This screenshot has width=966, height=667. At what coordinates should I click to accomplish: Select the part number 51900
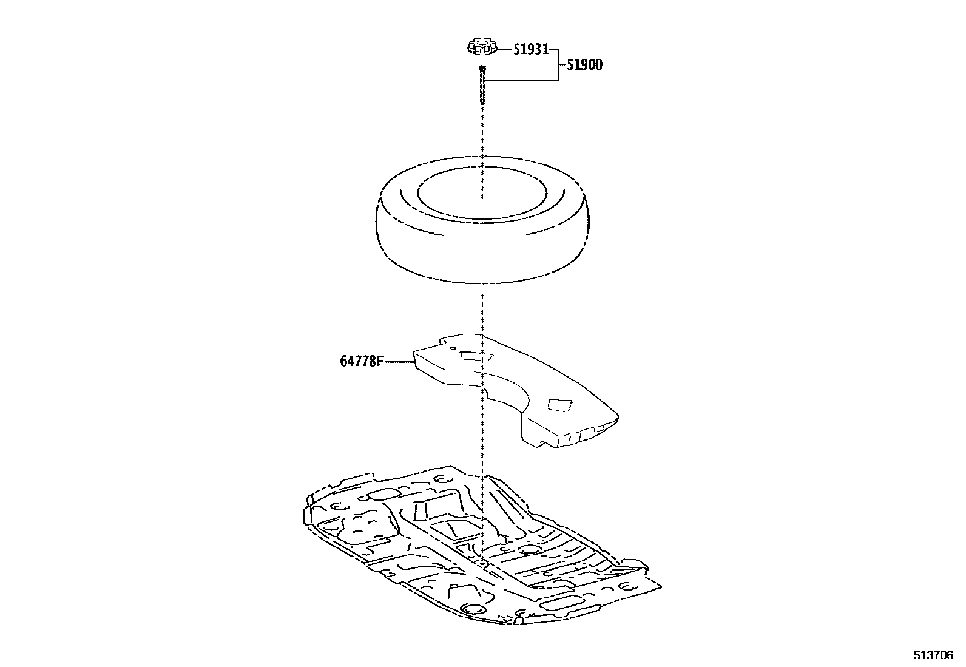[x=584, y=65]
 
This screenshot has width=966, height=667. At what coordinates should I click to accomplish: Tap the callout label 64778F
[x=362, y=362]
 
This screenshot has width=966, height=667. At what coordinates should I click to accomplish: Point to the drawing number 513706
[x=934, y=655]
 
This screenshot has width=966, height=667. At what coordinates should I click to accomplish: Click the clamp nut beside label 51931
[x=482, y=46]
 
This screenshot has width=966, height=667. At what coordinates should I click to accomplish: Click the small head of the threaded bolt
[x=482, y=68]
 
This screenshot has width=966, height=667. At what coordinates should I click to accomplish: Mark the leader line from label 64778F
[x=399, y=362]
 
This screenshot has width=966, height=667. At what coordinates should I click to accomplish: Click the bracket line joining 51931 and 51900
[x=558, y=64]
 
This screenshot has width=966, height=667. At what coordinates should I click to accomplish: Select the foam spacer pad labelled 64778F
[x=516, y=388]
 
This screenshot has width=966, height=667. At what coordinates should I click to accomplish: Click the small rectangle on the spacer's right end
[x=559, y=405]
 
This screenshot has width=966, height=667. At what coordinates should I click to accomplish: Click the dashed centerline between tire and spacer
[x=482, y=310]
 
